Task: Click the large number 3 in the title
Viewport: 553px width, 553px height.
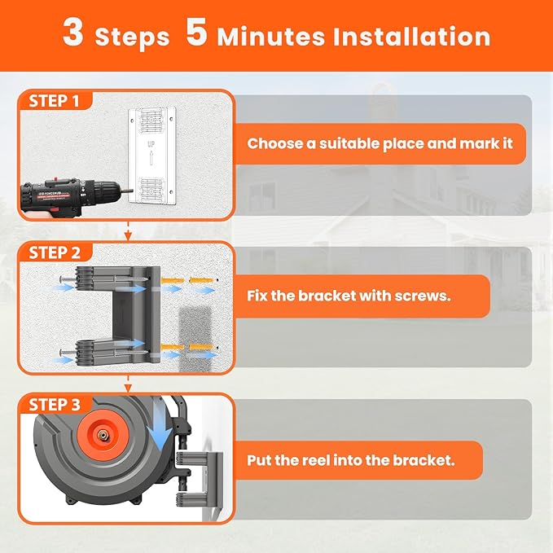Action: tap(72, 35)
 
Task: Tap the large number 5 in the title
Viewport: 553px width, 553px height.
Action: tap(195, 35)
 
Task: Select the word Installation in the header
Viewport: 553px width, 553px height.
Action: tap(410, 37)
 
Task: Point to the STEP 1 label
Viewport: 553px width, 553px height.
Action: tap(55, 101)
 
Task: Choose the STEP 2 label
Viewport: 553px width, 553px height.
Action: tap(55, 252)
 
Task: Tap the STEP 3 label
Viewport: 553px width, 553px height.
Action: tap(55, 404)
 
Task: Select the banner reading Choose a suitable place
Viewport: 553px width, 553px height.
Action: tap(380, 144)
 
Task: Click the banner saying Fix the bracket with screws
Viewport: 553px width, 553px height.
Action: tap(358, 296)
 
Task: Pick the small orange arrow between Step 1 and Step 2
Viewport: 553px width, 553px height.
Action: tap(127, 235)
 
